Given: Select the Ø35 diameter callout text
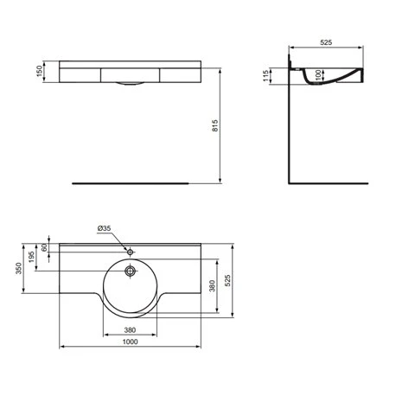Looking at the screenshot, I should [x=105, y=227].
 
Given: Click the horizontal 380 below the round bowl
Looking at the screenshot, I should [x=130, y=329].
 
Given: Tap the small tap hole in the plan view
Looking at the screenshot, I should [x=130, y=252].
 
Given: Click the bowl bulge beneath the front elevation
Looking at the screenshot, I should [x=131, y=83].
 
